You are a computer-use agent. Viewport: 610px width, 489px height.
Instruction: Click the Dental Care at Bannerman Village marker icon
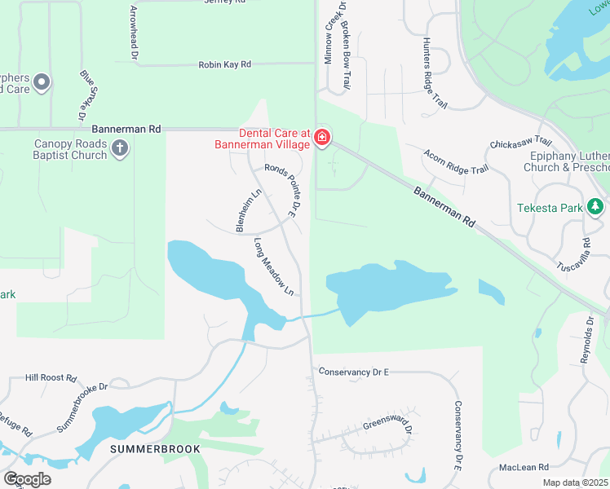pyautogui.click(x=323, y=138)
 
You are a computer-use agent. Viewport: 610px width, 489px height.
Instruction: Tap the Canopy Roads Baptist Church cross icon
pyautogui.click(x=120, y=148)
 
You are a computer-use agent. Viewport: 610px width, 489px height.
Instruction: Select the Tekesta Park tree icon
pyautogui.click(x=596, y=207)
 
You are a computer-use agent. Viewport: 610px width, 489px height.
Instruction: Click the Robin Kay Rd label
pyautogui.click(x=224, y=64)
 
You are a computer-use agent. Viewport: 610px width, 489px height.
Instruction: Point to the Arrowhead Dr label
pyautogui.click(x=134, y=33)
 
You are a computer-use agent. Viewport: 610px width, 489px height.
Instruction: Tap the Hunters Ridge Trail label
pyautogui.click(x=435, y=73)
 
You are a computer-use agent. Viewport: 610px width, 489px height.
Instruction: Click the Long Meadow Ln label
pyautogui.click(x=273, y=267)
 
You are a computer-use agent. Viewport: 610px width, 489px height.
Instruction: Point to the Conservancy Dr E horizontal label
pyautogui.click(x=354, y=372)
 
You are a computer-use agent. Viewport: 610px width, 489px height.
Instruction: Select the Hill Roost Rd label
pyautogui.click(x=51, y=378)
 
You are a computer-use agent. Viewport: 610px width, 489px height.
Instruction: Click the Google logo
pyautogui.click(x=27, y=479)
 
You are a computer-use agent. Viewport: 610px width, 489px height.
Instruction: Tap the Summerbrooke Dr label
pyautogui.click(x=82, y=407)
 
